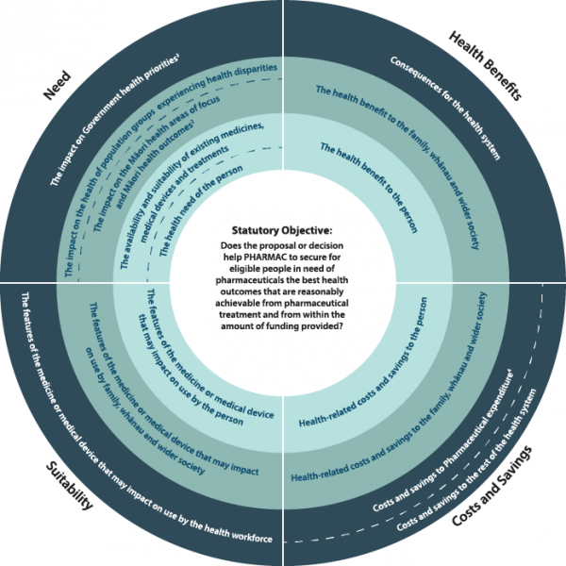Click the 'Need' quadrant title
click(57, 85)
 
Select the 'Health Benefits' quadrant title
click(485, 66)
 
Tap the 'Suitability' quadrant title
click(69, 486)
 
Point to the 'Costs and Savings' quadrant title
click(492, 486)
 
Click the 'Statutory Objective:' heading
click(281, 230)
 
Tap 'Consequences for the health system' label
click(445, 108)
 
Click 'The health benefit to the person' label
click(369, 188)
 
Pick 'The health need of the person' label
click(201, 210)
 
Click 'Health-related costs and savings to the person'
click(363, 362)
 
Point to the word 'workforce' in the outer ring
click(252, 535)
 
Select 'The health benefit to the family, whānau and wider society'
click(397, 167)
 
